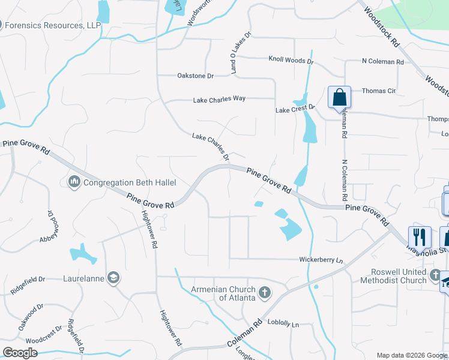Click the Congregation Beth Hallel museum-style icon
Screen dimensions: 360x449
point(74,181)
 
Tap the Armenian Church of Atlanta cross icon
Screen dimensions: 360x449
point(265,293)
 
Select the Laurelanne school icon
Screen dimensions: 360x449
point(113,277)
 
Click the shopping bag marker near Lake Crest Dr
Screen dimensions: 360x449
point(339,97)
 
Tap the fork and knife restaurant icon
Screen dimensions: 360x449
point(420,236)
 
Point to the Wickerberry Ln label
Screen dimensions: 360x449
point(321,260)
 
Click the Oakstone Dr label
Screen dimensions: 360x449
point(195,76)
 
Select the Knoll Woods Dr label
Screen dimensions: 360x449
point(291,61)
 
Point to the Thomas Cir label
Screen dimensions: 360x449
point(379,91)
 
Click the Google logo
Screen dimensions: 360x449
point(20,353)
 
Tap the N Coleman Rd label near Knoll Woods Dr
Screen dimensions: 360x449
point(382,61)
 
